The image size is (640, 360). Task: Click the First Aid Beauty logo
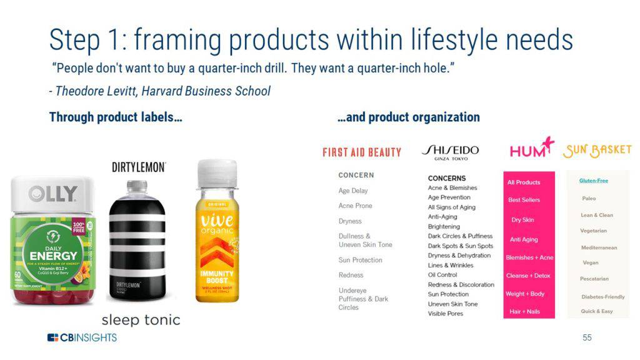(362, 152)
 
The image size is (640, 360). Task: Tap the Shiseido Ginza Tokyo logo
(450, 152)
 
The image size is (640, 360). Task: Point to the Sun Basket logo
(597, 151)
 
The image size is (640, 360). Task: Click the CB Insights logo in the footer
(82, 337)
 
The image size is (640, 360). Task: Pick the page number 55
(587, 337)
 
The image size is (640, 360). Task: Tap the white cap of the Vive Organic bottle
(217, 173)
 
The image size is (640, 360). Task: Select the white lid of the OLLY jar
(52, 193)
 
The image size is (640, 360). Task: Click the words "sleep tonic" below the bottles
(141, 320)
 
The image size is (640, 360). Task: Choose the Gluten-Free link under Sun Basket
(593, 181)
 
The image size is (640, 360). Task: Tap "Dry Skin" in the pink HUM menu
(522, 220)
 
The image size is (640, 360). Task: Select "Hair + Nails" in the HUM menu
(524, 311)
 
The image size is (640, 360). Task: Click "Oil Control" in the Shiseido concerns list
(442, 275)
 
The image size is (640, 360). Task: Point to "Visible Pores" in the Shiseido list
(446, 314)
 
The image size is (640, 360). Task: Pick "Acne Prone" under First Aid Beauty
(355, 206)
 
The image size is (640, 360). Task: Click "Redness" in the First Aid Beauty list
(351, 275)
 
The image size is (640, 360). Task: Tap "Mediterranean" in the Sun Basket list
(599, 247)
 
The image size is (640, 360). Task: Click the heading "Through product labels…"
(116, 117)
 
